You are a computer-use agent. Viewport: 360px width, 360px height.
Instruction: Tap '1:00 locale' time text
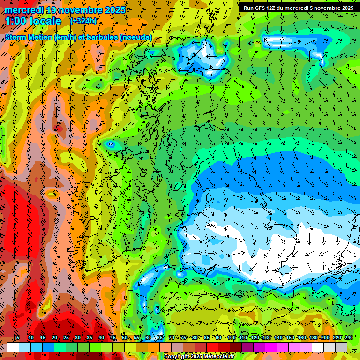[x=33, y=21]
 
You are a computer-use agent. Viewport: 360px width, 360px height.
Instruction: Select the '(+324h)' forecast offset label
[x=83, y=21]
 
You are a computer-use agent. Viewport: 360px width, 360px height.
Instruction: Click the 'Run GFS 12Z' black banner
[x=299, y=7]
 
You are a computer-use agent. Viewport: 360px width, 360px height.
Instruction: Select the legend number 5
[x=17, y=337]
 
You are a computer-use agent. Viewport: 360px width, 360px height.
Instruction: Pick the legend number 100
[x=231, y=337]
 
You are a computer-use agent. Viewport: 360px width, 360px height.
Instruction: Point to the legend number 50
[x=124, y=337]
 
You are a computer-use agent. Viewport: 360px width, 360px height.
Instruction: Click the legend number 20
[x=54, y=337]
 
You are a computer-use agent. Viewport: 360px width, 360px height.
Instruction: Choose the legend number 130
[x=266, y=337]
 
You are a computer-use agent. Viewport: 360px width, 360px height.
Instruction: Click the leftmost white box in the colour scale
[x=13, y=347]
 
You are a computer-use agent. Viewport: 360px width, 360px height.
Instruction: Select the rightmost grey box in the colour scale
[x=341, y=347]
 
